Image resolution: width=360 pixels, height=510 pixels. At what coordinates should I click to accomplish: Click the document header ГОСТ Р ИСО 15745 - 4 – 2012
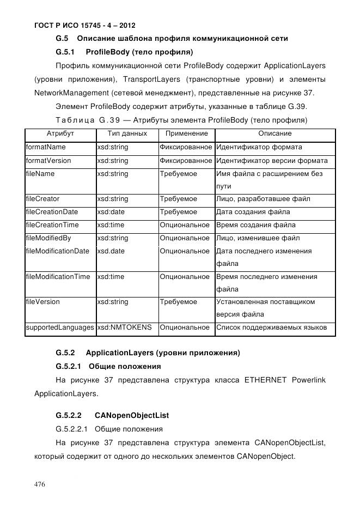(x=84, y=26)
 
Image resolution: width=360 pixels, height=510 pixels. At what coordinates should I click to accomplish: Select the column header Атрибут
(x=60, y=133)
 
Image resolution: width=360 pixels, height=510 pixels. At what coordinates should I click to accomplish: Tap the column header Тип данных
(x=127, y=133)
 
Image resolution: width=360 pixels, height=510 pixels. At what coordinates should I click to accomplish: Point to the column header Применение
(x=186, y=133)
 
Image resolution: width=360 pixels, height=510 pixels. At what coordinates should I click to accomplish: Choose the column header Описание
(x=274, y=133)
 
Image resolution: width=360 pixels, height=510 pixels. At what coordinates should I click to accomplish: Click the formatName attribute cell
(x=46, y=147)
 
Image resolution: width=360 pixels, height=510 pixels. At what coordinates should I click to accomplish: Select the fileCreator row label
(x=43, y=199)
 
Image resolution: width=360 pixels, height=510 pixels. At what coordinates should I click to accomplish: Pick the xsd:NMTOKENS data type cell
(x=124, y=327)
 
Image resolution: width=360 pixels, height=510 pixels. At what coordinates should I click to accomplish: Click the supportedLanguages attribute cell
(x=59, y=327)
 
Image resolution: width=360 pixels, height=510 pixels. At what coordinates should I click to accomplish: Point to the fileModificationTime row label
(x=58, y=277)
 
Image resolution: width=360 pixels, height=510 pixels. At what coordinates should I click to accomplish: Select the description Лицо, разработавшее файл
(x=263, y=199)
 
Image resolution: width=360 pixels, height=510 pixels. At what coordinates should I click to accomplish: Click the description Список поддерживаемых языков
(x=271, y=327)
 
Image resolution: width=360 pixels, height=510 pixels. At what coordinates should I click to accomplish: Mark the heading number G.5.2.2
(x=69, y=415)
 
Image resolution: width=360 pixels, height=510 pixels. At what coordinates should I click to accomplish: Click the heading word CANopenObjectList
(x=129, y=415)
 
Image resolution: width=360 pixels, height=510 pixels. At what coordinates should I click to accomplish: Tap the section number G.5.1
(x=65, y=52)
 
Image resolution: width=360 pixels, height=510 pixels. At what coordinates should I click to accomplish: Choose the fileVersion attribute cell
(x=43, y=302)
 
